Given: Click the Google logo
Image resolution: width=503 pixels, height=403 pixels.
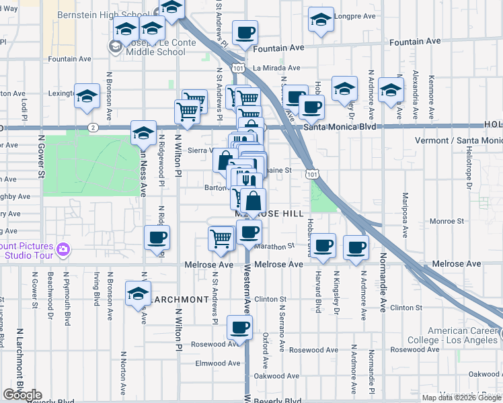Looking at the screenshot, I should click(x=23, y=395).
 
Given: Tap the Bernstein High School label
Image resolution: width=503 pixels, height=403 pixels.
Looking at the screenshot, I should click(x=112, y=14).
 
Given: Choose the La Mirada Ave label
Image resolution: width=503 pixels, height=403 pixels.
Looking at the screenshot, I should click(x=276, y=68).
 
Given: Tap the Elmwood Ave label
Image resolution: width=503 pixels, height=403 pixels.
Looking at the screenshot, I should click(x=217, y=363).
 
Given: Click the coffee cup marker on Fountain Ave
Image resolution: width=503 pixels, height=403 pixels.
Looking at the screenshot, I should click(x=245, y=32).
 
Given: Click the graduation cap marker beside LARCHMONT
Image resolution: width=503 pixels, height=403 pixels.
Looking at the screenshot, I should click(x=138, y=294).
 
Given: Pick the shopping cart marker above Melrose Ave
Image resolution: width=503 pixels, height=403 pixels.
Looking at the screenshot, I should click(x=221, y=238).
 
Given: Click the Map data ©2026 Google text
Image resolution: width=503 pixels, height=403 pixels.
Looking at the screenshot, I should click(x=461, y=397).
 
